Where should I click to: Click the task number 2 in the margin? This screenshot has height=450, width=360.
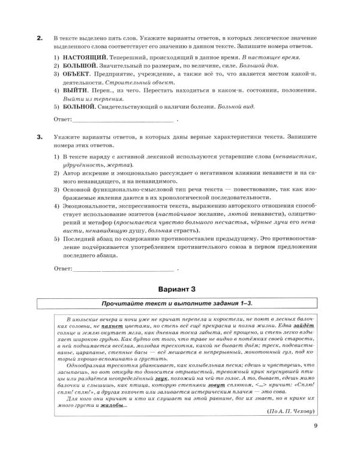[x=39, y=38]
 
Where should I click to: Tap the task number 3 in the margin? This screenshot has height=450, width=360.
[x=39, y=137]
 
